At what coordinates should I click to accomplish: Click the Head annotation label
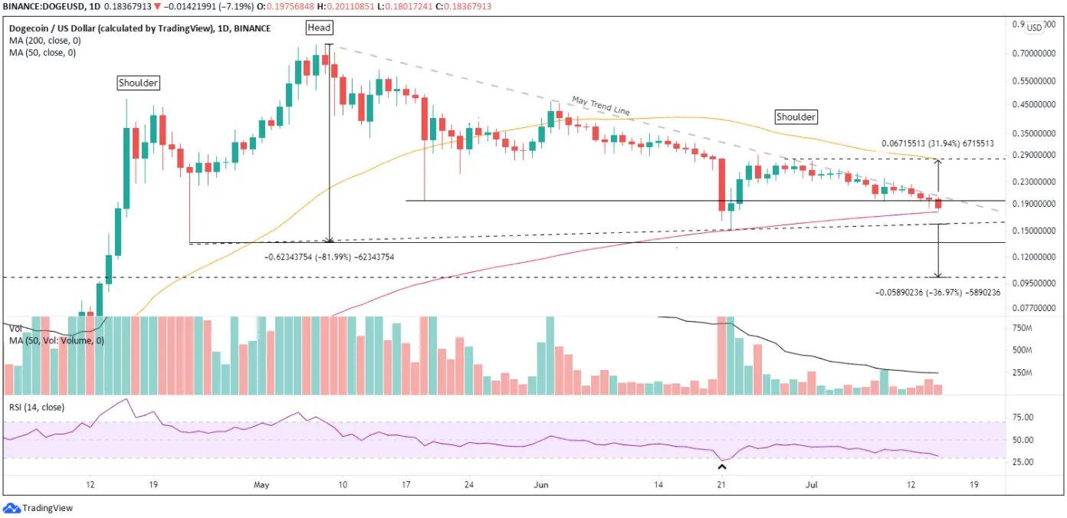point(319,28)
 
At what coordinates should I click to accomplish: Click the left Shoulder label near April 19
point(138,83)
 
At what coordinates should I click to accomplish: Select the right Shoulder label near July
point(796,116)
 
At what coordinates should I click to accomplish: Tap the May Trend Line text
point(601,106)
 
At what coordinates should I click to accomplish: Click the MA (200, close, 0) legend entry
point(44,41)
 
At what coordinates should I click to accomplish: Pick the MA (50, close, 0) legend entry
point(42,52)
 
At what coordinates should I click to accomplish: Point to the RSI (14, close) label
point(37,407)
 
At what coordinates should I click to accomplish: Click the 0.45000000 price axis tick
point(1033,104)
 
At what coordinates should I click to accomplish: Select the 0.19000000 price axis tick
point(1033,203)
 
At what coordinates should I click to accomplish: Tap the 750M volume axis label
point(1022,328)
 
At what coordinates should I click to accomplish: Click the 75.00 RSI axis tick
point(1023,417)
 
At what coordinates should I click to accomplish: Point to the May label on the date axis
point(261,485)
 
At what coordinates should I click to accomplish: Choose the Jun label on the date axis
point(541,485)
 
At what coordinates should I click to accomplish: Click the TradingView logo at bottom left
point(38,508)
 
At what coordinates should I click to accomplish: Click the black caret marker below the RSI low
point(722,467)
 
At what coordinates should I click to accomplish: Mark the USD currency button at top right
point(1033,28)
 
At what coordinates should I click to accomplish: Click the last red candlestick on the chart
point(938,203)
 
